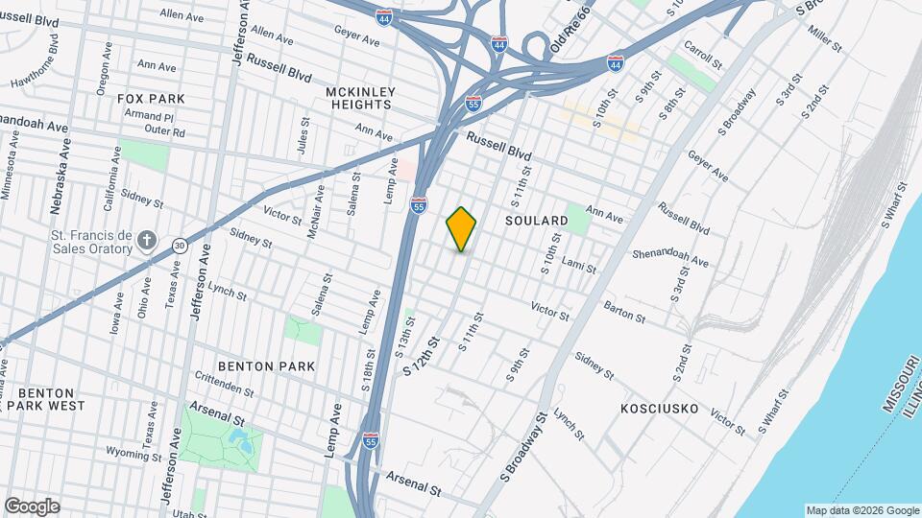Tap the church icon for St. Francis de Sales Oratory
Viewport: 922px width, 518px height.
pyautogui.click(x=147, y=240)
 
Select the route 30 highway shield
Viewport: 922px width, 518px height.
pyautogui.click(x=180, y=246)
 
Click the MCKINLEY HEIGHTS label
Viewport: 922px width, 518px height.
pyautogui.click(x=360, y=98)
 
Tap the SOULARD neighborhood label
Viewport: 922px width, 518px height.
pyautogui.click(x=537, y=221)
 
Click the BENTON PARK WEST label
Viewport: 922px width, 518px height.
pyautogui.click(x=51, y=399)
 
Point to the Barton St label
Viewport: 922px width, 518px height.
pyautogui.click(x=624, y=312)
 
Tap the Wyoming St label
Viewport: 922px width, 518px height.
pyautogui.click(x=133, y=451)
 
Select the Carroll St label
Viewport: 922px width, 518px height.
pyautogui.click(x=702, y=54)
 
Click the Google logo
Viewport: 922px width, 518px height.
pyautogui.click(x=32, y=506)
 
